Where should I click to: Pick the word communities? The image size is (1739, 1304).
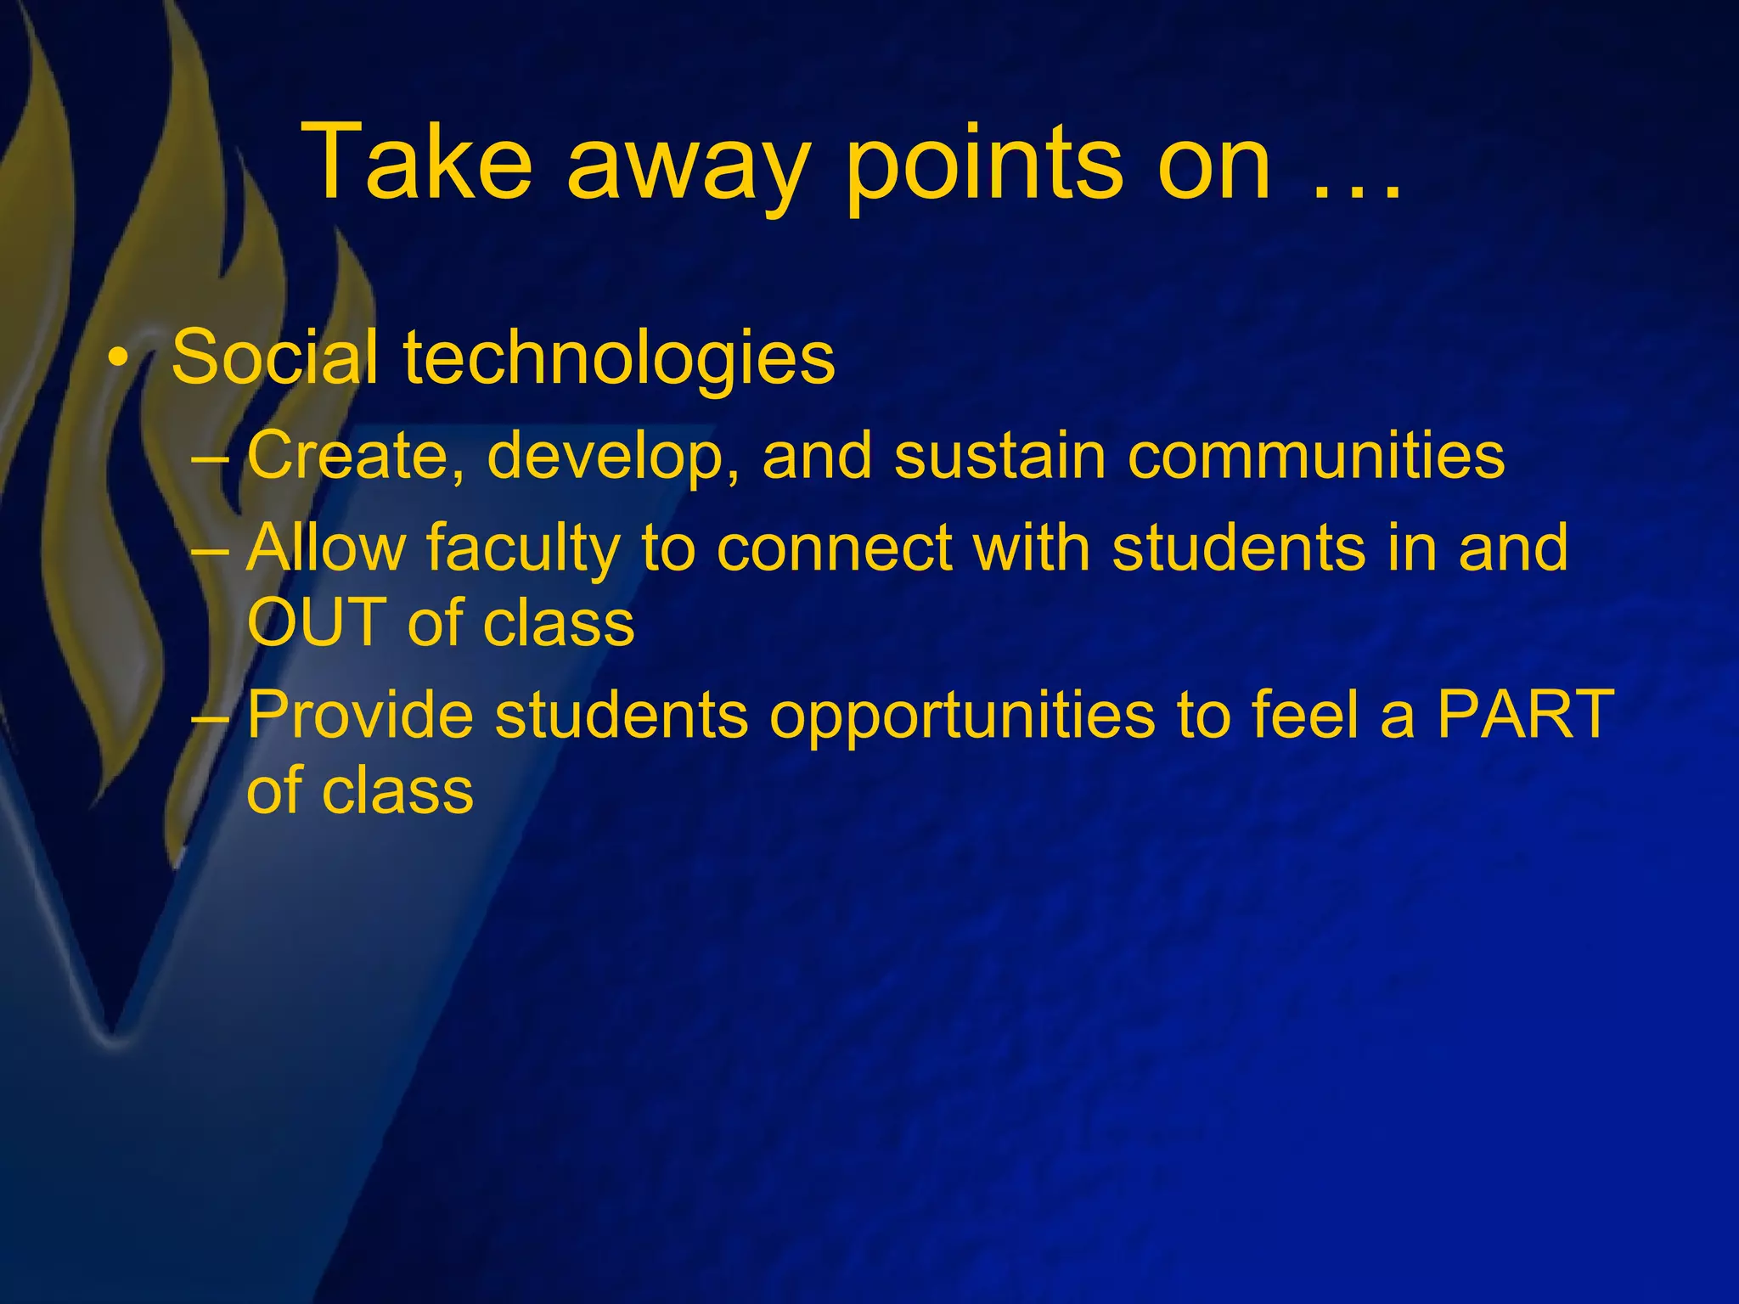(x=1315, y=455)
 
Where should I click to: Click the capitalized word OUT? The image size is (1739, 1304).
(x=317, y=622)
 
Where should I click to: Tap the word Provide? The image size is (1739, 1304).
(x=360, y=715)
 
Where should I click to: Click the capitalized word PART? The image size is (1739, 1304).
(x=1525, y=715)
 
